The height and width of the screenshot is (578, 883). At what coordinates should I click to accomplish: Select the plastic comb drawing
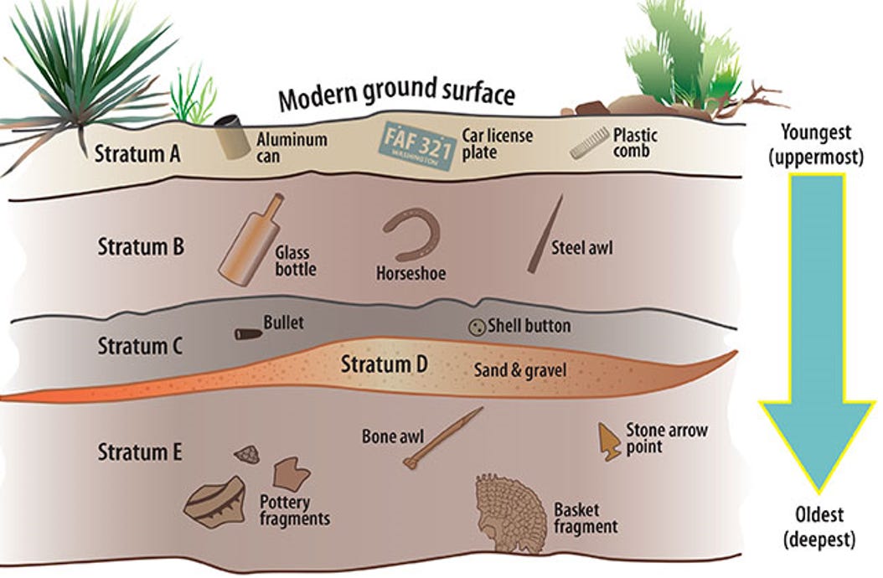tap(589, 144)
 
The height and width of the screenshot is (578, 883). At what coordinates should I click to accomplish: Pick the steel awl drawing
tap(545, 235)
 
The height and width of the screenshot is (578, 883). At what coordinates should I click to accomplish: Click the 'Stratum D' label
tap(384, 364)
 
